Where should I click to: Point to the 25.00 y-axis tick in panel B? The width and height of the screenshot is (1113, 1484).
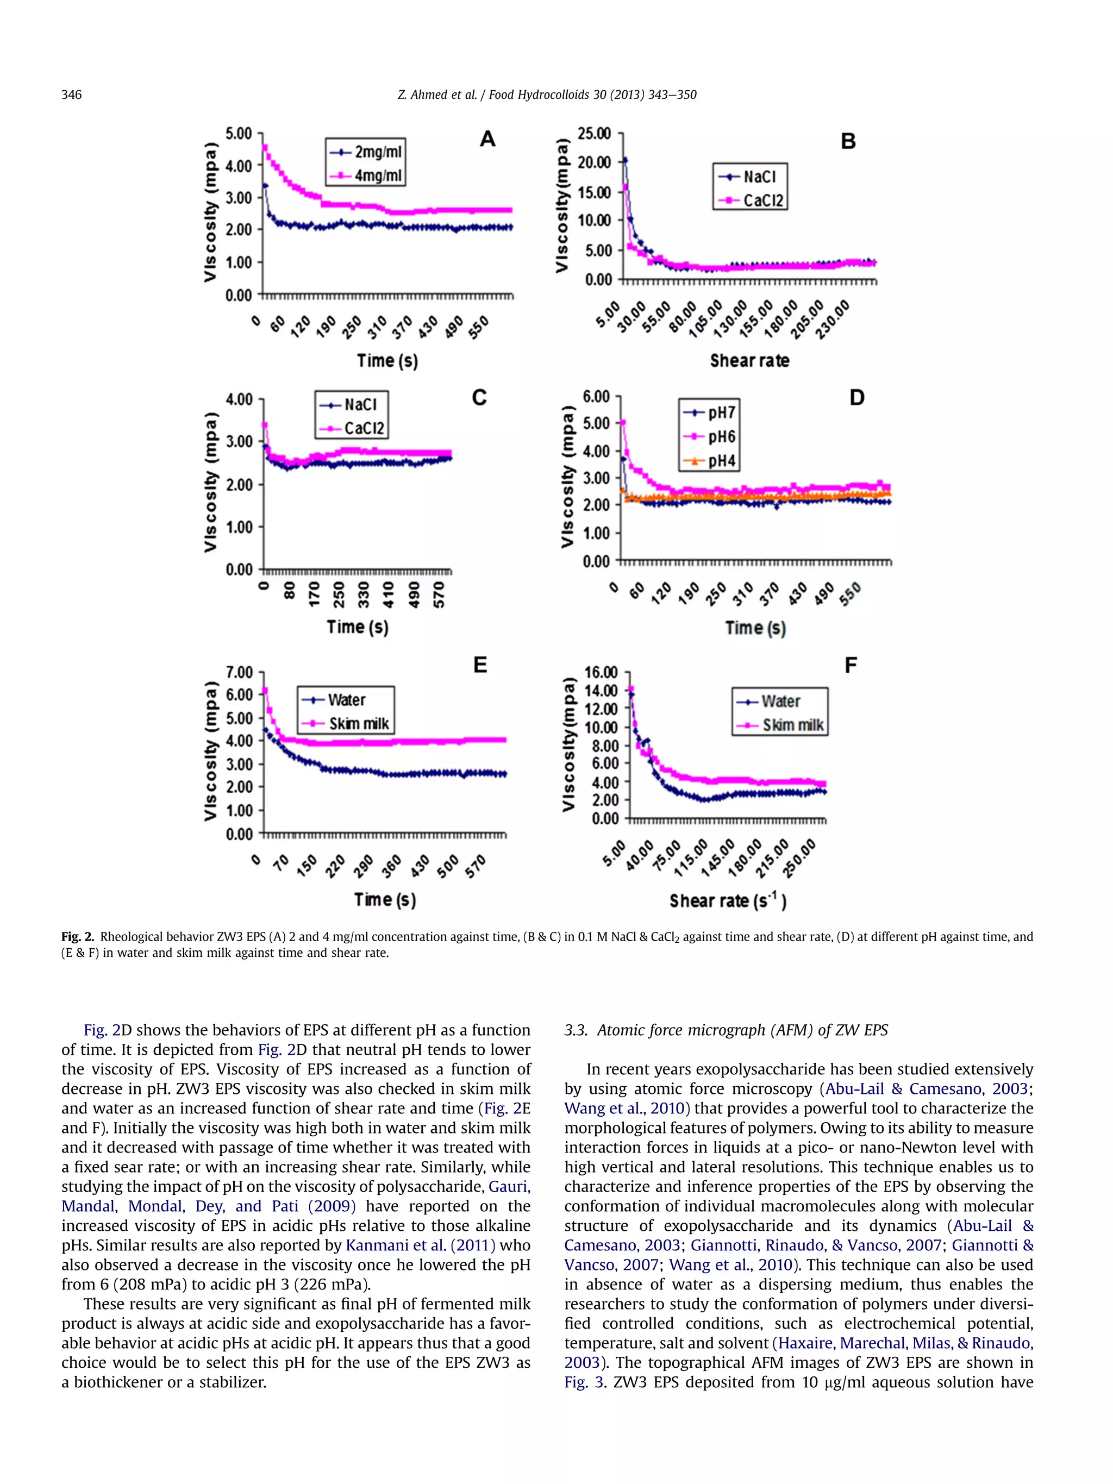[595, 134]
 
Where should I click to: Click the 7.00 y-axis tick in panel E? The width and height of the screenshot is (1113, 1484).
[239, 672]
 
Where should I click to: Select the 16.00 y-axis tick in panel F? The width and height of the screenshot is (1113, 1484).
[601, 672]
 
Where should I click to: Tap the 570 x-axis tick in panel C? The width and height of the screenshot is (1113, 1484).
[440, 594]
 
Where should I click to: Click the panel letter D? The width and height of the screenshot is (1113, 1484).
[856, 398]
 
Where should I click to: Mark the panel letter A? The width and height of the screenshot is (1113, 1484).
[487, 139]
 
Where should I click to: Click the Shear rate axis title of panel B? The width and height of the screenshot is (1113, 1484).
[749, 361]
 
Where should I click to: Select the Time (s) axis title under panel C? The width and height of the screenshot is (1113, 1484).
[358, 627]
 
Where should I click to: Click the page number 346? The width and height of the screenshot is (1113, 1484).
[71, 95]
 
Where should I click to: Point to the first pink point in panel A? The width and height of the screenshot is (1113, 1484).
[265, 147]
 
